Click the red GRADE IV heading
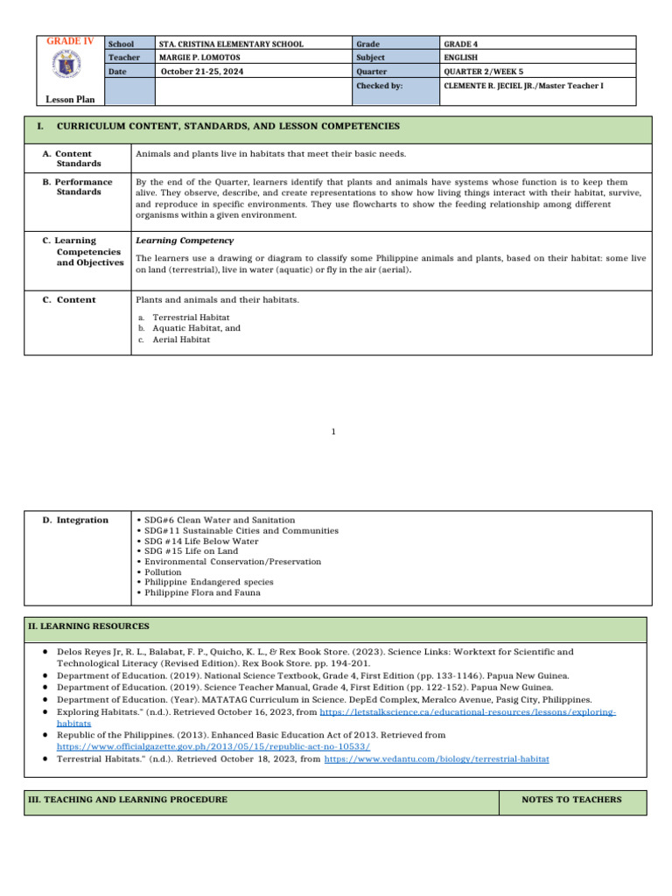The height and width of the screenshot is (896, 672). point(70,41)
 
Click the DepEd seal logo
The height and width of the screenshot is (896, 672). point(70,68)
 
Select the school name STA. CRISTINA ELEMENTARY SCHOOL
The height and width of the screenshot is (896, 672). point(231,44)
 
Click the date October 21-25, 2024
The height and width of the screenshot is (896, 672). point(202,72)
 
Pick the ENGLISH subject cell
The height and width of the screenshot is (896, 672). point(460,58)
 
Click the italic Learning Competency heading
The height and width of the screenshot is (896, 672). point(184,240)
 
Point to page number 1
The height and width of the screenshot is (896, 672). point(334,431)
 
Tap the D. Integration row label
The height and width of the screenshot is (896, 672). point(76,520)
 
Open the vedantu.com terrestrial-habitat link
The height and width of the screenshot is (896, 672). point(437,760)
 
